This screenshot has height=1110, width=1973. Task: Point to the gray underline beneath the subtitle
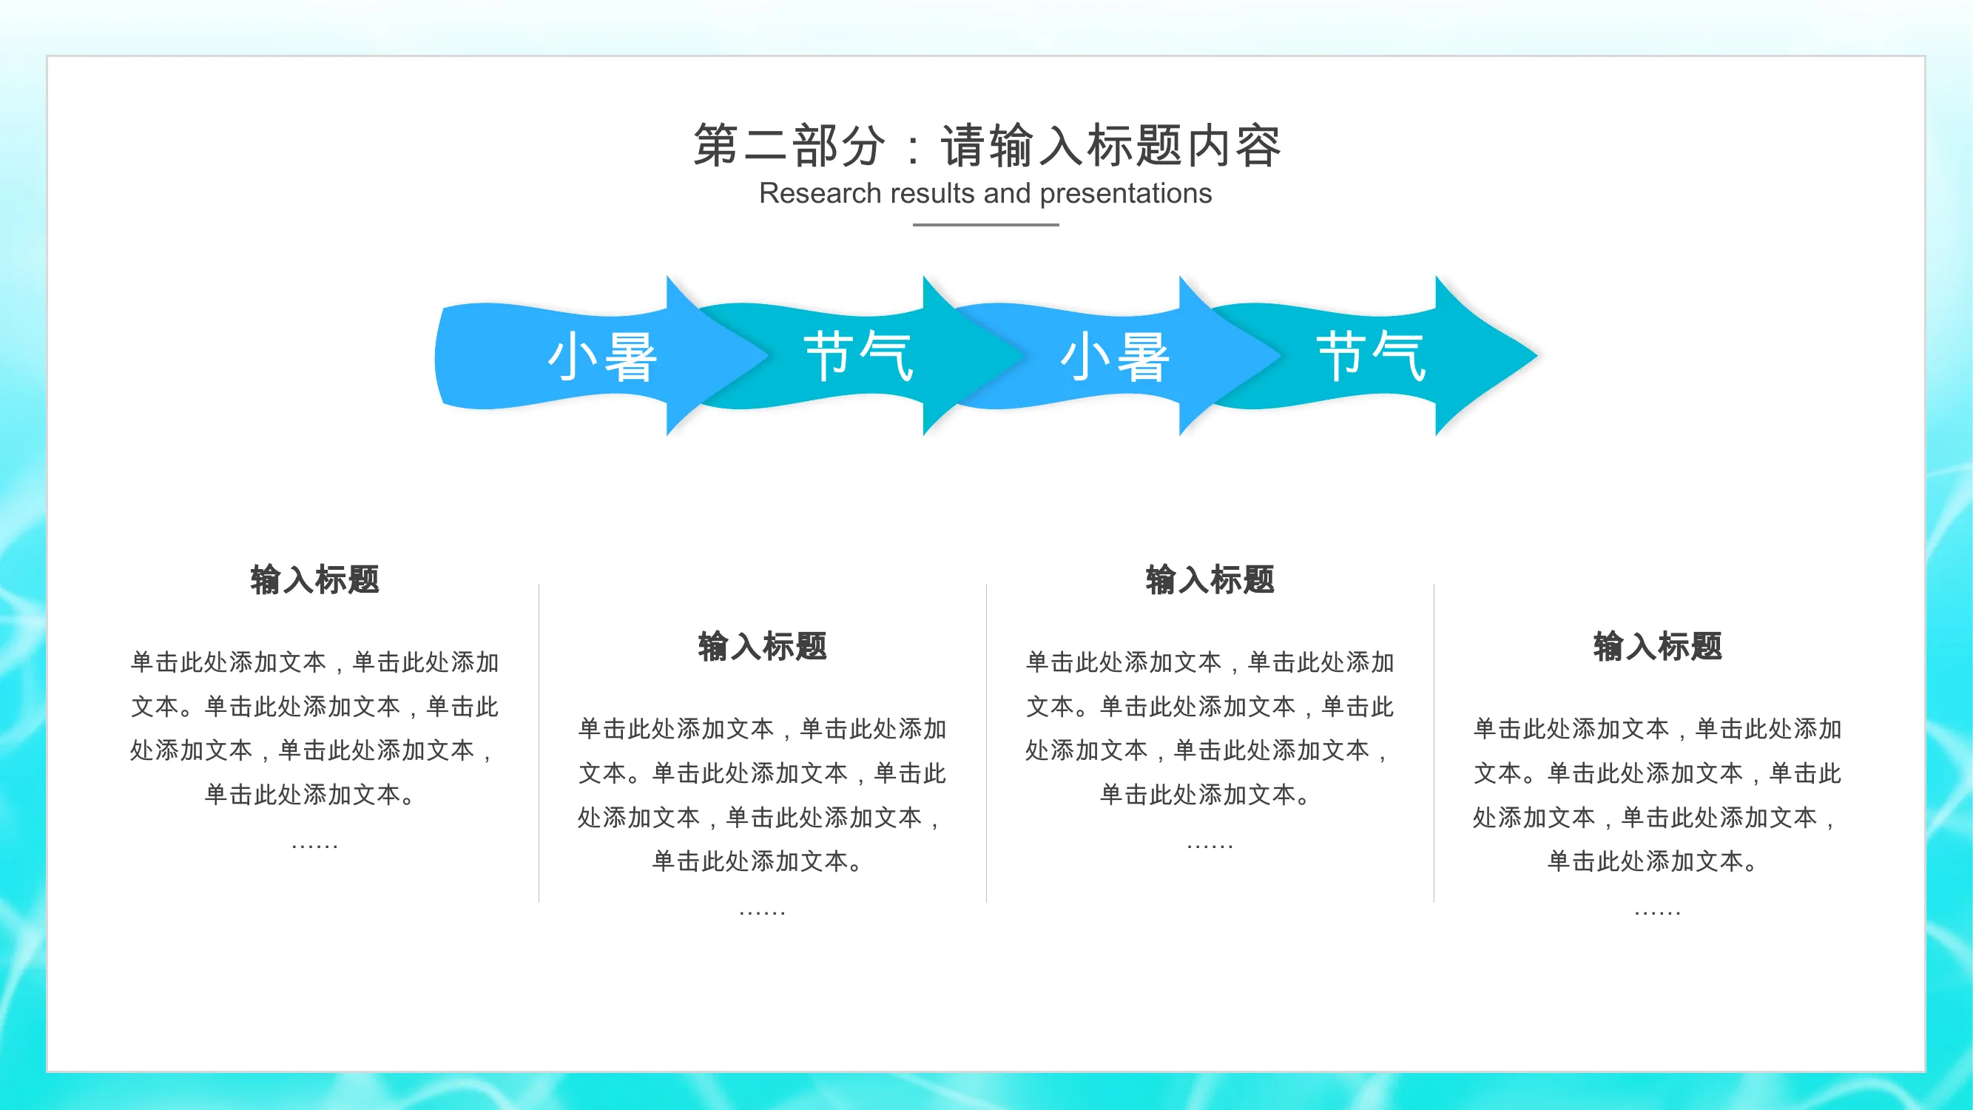pyautogui.click(x=985, y=224)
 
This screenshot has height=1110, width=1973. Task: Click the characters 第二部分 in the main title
pyautogui.click(x=789, y=145)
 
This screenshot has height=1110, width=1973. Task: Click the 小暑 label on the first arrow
pyautogui.click(x=603, y=356)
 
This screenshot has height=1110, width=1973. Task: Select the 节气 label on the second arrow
pyautogui.click(x=859, y=356)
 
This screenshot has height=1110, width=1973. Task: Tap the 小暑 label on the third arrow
pyautogui.click(x=1115, y=356)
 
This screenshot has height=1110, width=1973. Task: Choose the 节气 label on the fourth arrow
pyautogui.click(x=1371, y=356)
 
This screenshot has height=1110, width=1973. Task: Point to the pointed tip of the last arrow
pyautogui.click(x=1537, y=354)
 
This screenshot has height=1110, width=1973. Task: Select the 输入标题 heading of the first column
pyautogui.click(x=315, y=579)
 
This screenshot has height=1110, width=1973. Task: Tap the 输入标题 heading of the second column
pyautogui.click(x=763, y=646)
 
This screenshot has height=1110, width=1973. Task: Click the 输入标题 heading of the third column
pyautogui.click(x=1210, y=579)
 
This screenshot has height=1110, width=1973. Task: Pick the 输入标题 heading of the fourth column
pyautogui.click(x=1658, y=646)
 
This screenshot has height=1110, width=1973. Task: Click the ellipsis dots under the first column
pyautogui.click(x=315, y=847)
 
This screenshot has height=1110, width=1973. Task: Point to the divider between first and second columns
pyautogui.click(x=539, y=743)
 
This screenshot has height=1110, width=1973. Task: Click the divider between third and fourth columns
pyautogui.click(x=1434, y=743)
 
